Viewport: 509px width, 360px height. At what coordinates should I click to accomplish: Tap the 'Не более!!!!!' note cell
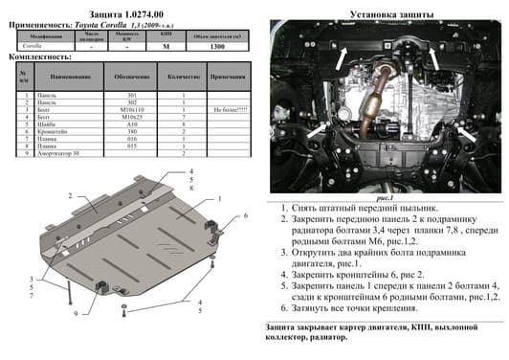(x=226, y=111)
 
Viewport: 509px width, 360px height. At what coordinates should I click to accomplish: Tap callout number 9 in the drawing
(x=75, y=314)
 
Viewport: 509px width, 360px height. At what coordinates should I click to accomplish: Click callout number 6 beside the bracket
(x=245, y=216)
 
